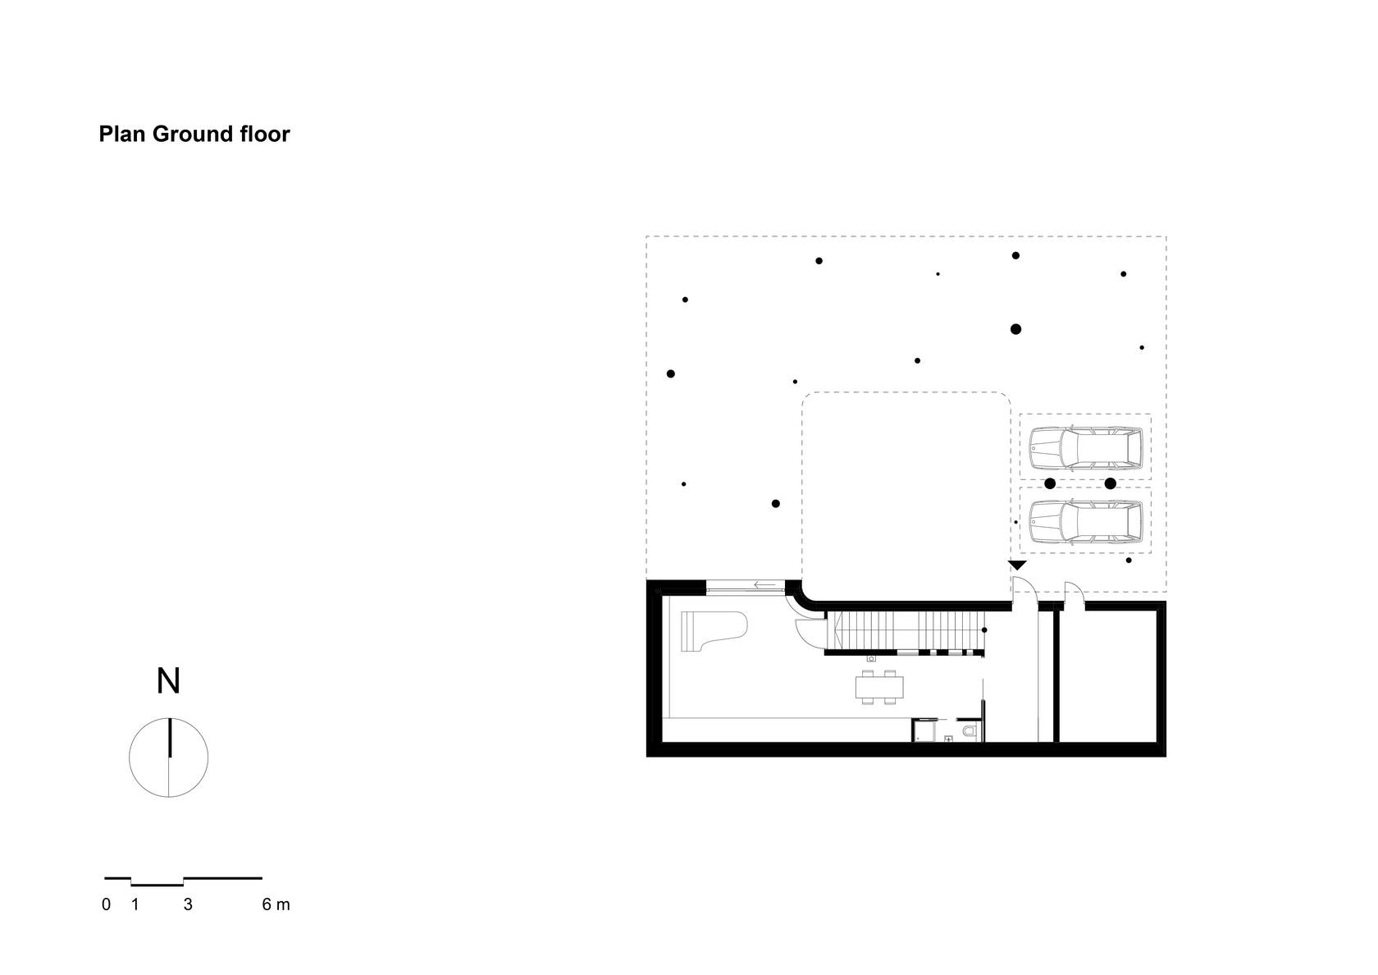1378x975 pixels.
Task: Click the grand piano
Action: (714, 631)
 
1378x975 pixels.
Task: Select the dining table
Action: (879, 687)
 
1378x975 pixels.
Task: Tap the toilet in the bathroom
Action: (970, 731)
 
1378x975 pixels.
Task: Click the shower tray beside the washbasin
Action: (924, 730)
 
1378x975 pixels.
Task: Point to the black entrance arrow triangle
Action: (1017, 565)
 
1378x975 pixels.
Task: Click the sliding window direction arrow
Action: (764, 584)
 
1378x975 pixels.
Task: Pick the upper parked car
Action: (1086, 446)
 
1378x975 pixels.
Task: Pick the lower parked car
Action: (1086, 522)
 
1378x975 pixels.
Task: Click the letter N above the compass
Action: (168, 681)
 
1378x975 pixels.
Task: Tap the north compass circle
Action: (169, 758)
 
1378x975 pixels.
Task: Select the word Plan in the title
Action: (122, 135)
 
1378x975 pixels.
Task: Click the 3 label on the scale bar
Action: (188, 904)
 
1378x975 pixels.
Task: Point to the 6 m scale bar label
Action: (276, 904)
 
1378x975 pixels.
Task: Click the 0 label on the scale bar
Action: (107, 904)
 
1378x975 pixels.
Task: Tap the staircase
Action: (904, 631)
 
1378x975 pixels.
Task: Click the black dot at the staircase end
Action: (984, 629)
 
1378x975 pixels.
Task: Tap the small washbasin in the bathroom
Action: (948, 739)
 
